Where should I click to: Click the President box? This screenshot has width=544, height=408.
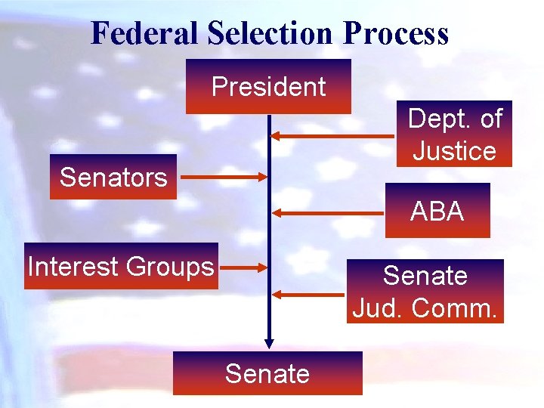[x=268, y=87]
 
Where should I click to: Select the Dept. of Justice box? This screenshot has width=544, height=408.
[x=454, y=134]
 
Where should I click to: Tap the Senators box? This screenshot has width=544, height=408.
[x=113, y=177]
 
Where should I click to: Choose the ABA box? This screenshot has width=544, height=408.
[x=437, y=211]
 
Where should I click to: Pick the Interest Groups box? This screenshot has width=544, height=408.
[x=121, y=266]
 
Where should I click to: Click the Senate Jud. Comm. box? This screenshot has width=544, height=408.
[x=425, y=291]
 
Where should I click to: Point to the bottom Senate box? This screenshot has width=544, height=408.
[x=267, y=373]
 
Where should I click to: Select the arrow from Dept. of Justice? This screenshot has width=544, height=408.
[x=332, y=136]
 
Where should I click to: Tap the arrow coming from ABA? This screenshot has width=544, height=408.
[x=329, y=213]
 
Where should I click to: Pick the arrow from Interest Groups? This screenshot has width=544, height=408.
[x=243, y=267]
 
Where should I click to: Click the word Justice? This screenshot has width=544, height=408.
[x=454, y=150]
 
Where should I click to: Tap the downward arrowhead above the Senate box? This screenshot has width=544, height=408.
[x=268, y=344]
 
